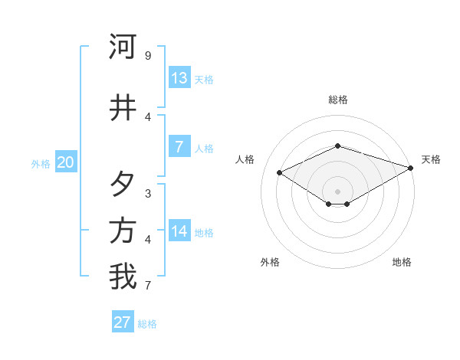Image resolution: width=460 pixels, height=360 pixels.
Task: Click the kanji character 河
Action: (123, 47)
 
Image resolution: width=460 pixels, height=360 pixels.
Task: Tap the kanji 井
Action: (123, 108)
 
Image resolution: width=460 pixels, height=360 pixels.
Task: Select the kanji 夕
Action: (123, 184)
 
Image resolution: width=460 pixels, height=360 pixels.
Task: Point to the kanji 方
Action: (123, 231)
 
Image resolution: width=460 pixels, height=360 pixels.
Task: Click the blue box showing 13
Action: (179, 78)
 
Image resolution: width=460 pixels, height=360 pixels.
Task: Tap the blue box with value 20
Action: (66, 162)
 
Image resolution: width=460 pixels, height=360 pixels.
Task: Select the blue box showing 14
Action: (179, 231)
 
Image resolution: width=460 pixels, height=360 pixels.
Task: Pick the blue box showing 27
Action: (123, 322)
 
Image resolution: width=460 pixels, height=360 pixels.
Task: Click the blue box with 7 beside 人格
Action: (179, 147)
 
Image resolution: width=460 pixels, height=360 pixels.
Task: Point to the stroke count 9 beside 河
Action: (148, 56)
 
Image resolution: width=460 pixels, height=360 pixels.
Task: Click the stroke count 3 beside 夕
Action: (148, 193)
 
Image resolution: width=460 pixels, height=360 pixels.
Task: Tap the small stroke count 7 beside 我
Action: (148, 286)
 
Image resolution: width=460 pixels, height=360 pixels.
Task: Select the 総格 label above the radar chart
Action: (338, 100)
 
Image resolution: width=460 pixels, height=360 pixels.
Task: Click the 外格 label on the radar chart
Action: (270, 262)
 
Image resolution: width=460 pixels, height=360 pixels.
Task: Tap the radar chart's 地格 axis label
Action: (402, 262)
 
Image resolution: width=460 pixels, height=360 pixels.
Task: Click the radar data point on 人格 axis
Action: (280, 173)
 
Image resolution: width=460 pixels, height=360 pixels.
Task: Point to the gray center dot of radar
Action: (338, 191)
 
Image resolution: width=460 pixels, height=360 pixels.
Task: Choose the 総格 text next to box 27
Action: (147, 324)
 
